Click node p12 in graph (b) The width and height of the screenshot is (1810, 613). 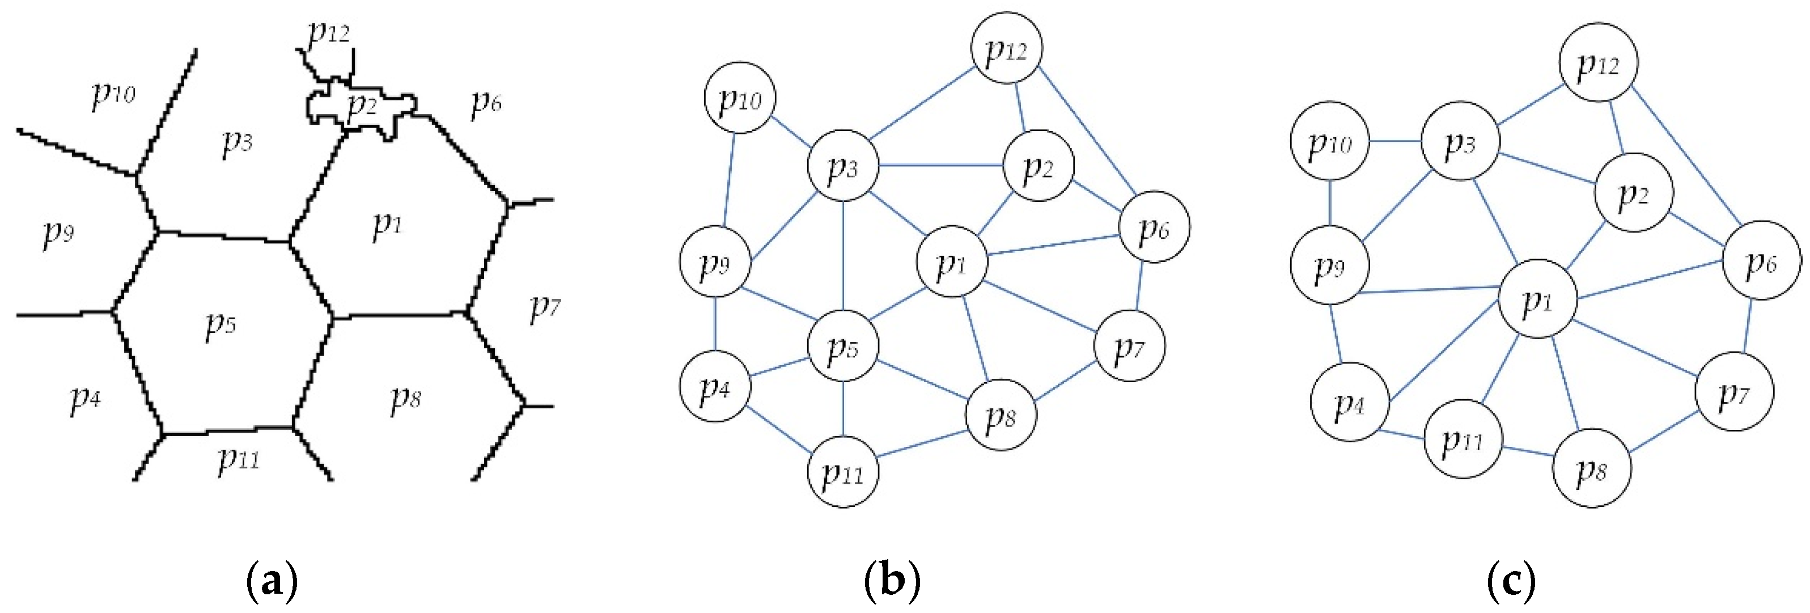[x=1006, y=48]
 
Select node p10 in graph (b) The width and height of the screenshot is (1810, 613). [x=739, y=99]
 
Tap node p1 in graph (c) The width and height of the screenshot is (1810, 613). [x=1537, y=299]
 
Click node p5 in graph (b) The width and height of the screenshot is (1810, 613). [x=842, y=345]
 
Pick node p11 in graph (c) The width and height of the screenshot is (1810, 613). [x=1462, y=439]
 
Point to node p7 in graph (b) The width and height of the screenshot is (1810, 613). [x=1129, y=346]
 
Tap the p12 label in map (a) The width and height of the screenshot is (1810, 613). [x=328, y=32]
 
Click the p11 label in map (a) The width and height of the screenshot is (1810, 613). [x=238, y=458]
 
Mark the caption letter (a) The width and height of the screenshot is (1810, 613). [x=273, y=582]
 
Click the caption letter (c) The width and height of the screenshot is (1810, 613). [x=1511, y=582]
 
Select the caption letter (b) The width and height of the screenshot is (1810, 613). [x=892, y=582]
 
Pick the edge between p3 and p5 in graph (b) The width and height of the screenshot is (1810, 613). [x=842, y=256]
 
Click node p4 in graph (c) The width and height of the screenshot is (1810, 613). [x=1349, y=401]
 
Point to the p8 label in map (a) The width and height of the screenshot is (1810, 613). [x=405, y=399]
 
